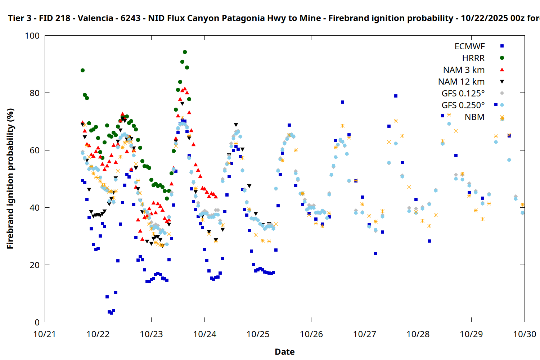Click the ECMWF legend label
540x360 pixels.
tap(469, 46)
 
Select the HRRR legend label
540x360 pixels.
tap(473, 58)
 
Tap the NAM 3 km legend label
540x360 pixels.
tap(464, 70)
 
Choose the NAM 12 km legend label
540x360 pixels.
tap(461, 82)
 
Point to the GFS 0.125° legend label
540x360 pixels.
tap(463, 94)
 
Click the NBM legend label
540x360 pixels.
tap(474, 117)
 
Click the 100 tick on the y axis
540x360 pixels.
tap(32, 36)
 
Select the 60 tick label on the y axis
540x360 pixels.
tap(35, 150)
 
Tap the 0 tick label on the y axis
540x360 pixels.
tap(37, 323)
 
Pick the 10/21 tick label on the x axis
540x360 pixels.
tap(45, 334)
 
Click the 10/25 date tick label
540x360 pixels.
tap(258, 334)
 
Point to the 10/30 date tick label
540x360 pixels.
tap(525, 334)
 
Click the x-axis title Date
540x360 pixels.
tap(284, 352)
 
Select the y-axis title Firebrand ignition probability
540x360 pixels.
tap(10, 179)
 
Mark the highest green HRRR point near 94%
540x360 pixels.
tap(185, 52)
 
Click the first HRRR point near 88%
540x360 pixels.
tap(82, 70)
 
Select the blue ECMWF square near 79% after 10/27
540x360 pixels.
tap(396, 96)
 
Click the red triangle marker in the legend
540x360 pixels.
tap(502, 69)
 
